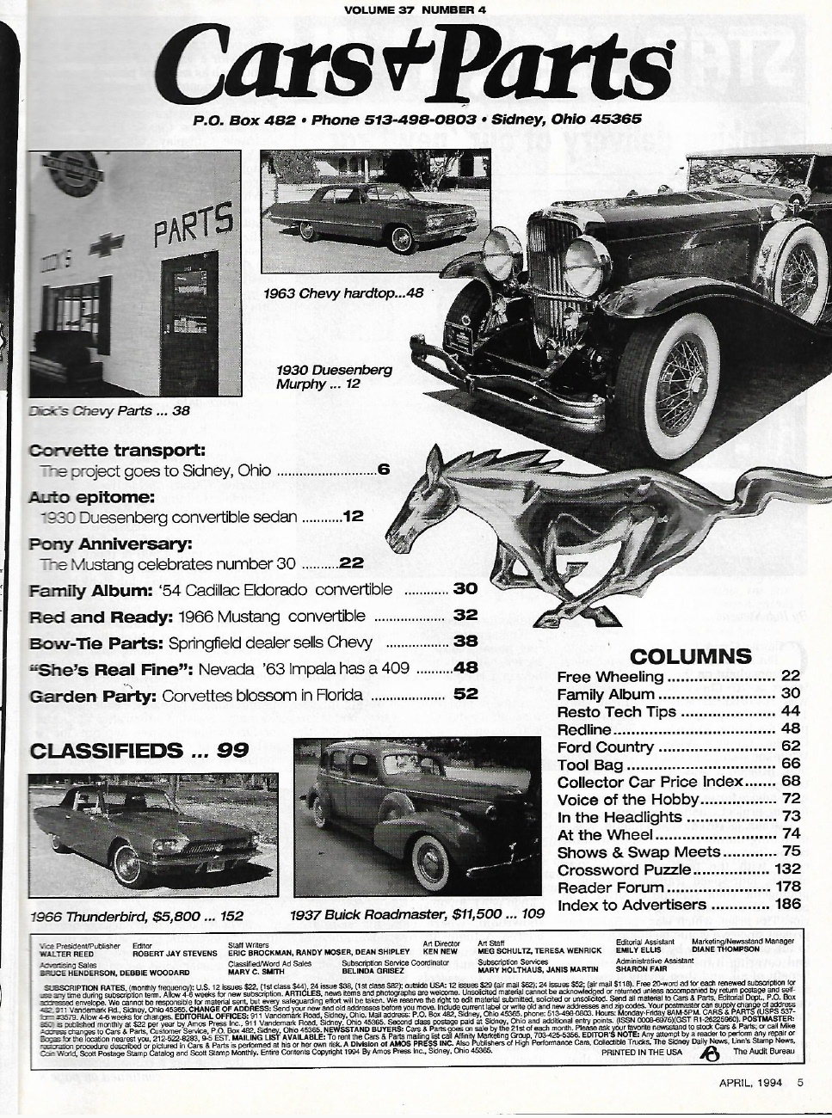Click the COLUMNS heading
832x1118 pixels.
click(x=679, y=656)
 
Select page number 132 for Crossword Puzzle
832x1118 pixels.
click(x=786, y=869)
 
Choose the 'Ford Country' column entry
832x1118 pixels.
click(x=606, y=746)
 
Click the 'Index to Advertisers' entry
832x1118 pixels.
click(x=632, y=905)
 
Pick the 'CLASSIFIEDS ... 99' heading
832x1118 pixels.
click(x=139, y=751)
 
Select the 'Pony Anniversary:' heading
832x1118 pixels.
click(x=110, y=544)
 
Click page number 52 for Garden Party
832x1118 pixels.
click(x=465, y=694)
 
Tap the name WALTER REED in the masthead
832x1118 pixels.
click(x=65, y=952)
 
